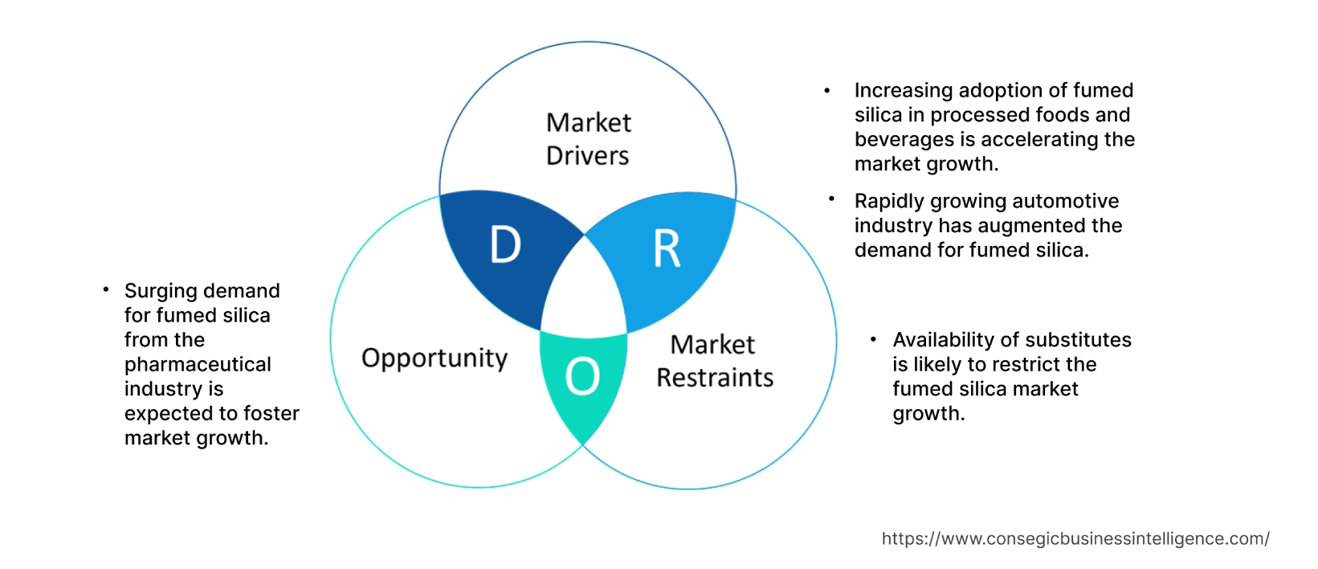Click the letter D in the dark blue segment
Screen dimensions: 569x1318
click(505, 244)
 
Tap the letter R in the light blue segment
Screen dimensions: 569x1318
click(667, 249)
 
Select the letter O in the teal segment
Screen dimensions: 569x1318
click(582, 376)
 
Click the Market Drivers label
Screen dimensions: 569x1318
click(588, 139)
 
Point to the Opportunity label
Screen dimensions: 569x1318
click(435, 358)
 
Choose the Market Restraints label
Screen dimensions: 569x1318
click(714, 361)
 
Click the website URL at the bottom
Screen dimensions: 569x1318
click(1075, 538)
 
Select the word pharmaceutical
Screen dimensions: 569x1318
click(198, 365)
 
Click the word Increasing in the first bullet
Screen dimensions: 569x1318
click(903, 90)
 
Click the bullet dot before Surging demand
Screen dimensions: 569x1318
click(105, 289)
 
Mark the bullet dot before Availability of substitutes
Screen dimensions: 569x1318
click(873, 339)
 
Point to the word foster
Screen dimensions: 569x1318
click(271, 414)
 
